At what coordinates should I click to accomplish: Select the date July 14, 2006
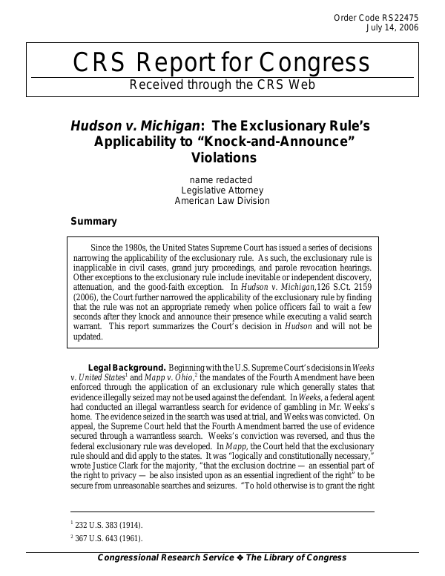pos(392,29)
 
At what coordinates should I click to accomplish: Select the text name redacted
pos(221,179)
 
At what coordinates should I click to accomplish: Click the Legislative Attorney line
pos(222,190)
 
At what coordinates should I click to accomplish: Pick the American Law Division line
pos(222,200)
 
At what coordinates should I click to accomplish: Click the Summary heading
pos(93,221)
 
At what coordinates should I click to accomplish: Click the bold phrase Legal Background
pos(127,367)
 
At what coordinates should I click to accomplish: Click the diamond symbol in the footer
pos(240,558)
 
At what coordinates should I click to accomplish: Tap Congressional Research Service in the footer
pos(165,558)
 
